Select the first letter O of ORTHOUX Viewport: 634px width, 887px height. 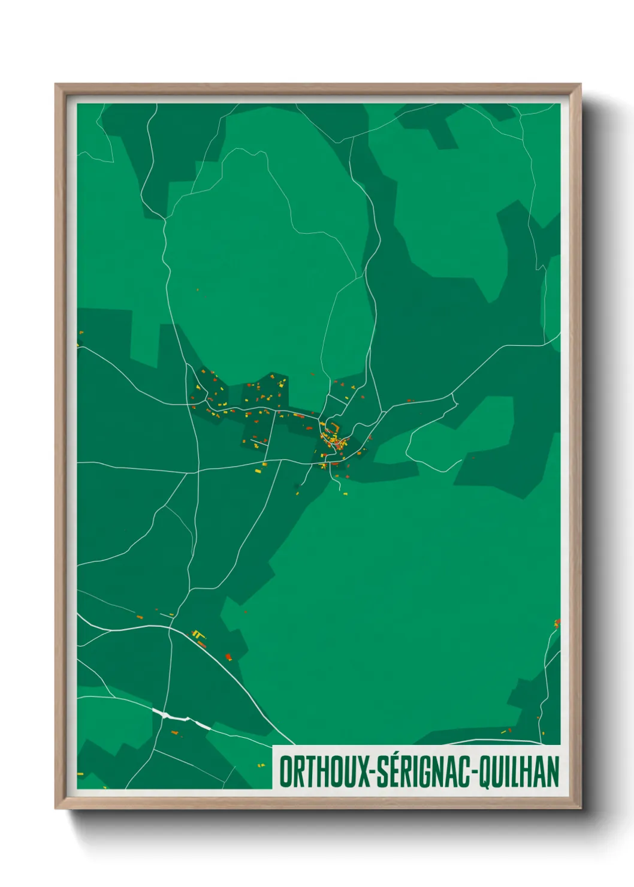286,772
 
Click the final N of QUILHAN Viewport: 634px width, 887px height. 553,772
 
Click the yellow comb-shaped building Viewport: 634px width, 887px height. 197,633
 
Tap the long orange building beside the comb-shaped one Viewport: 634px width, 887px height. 202,644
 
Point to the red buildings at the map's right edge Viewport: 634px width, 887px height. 557,623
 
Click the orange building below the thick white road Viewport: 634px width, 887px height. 174,732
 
